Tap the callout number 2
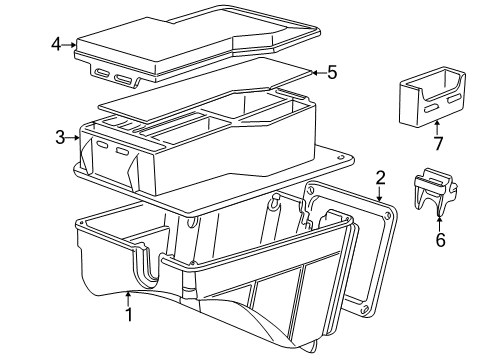click(x=381, y=179)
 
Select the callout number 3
click(x=60, y=137)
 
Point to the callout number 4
click(x=57, y=43)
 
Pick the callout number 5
click(x=333, y=71)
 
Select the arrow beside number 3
click(x=75, y=137)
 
